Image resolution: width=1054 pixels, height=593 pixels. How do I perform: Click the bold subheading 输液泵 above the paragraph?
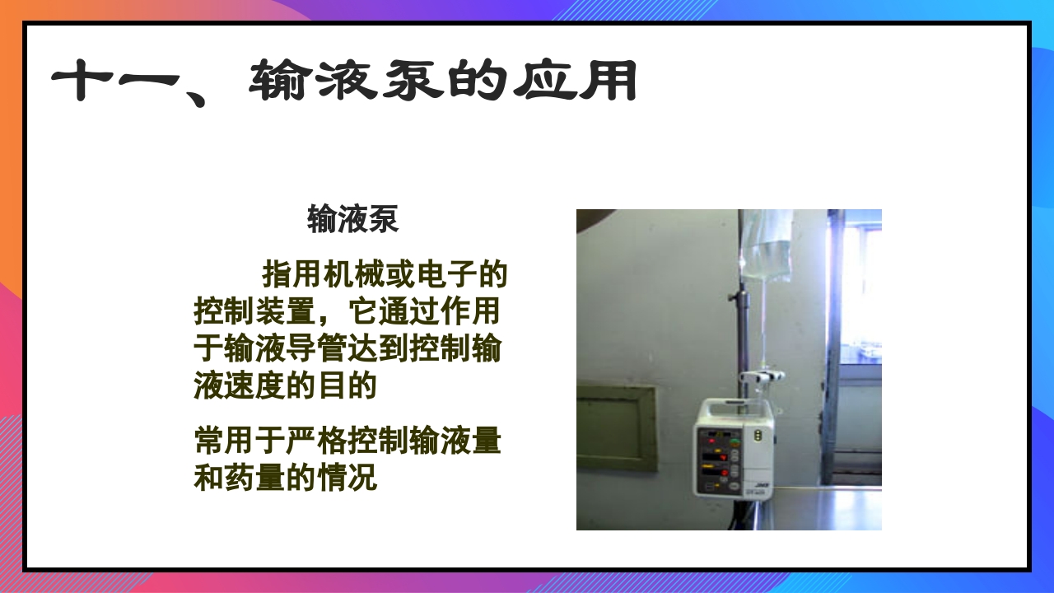(352, 220)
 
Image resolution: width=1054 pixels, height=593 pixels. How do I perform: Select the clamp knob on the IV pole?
(732, 295)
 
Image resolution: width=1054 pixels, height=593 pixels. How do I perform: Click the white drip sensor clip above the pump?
(762, 376)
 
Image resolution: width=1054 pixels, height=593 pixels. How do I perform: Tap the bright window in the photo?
(860, 288)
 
